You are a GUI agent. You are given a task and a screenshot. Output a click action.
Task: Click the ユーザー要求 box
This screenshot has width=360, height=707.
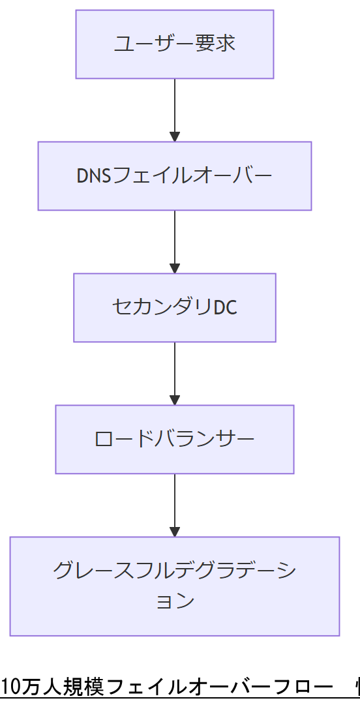pyautogui.click(x=174, y=44)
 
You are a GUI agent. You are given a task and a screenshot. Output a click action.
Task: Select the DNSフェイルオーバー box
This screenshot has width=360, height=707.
pyautogui.click(x=174, y=176)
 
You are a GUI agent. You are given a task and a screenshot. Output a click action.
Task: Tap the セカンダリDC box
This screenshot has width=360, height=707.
pyautogui.click(x=174, y=307)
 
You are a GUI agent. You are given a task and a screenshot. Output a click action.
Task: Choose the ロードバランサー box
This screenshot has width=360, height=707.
pyautogui.click(x=174, y=439)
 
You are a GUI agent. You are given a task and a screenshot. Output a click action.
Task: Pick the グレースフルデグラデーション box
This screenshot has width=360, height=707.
pyautogui.click(x=174, y=586)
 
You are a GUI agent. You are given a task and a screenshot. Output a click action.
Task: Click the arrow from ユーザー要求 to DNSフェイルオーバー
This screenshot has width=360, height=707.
pyautogui.click(x=174, y=108)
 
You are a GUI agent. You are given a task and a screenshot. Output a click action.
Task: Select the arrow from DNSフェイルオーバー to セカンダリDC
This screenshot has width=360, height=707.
pyautogui.click(x=174, y=239)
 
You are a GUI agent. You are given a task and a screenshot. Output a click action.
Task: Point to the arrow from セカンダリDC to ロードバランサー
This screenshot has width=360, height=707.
pyautogui.click(x=174, y=371)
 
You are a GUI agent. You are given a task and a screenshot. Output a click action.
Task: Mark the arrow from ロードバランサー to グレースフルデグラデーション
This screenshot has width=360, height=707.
pyautogui.click(x=174, y=503)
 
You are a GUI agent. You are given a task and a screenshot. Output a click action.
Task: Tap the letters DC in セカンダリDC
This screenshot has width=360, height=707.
pyautogui.click(x=225, y=307)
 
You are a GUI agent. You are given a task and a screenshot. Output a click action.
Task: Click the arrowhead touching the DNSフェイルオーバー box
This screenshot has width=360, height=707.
pyautogui.click(x=174, y=137)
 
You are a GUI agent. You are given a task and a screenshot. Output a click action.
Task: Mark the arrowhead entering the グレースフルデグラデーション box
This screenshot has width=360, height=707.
pyautogui.click(x=174, y=532)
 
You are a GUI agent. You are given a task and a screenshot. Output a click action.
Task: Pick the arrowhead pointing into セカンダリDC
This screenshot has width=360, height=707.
pyautogui.click(x=174, y=268)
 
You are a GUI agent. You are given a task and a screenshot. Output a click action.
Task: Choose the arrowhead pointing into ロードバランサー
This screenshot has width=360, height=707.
pyautogui.click(x=174, y=400)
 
